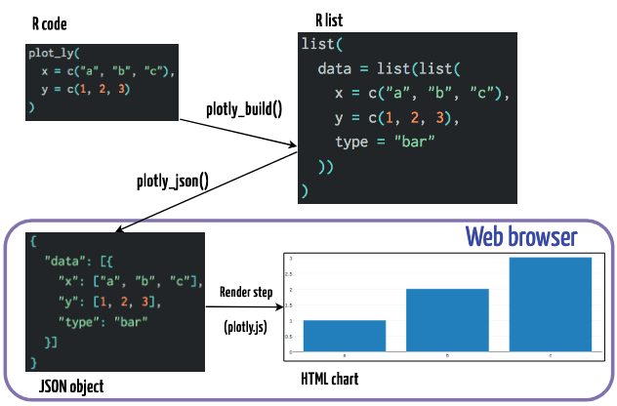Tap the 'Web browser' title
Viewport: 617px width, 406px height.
pyautogui.click(x=520, y=237)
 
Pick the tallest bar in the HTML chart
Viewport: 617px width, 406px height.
pyautogui.click(x=551, y=304)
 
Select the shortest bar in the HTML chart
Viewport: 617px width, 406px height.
pyautogui.click(x=344, y=335)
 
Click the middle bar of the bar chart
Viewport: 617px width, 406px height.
pyautogui.click(x=447, y=319)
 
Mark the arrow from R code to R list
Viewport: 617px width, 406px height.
pyautogui.click(x=234, y=132)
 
